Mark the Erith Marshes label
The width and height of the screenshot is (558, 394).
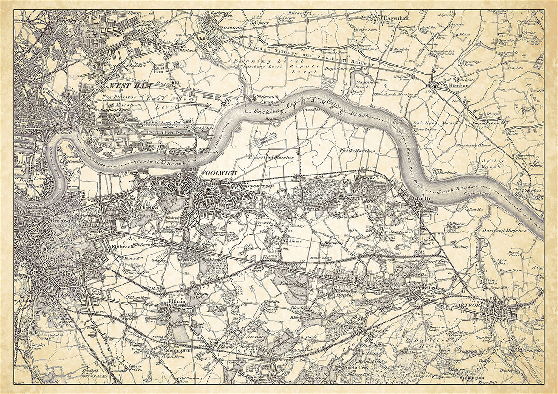point(358,151)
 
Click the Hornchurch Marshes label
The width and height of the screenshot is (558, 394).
point(393,94)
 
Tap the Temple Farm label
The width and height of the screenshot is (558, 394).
point(510,271)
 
